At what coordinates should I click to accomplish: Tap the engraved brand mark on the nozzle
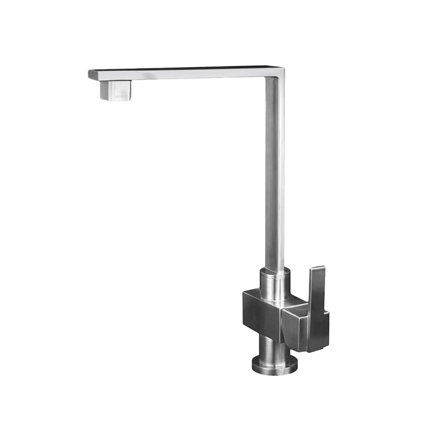pyautogui.click(x=122, y=96)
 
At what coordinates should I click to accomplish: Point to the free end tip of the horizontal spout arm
pyautogui.click(x=90, y=74)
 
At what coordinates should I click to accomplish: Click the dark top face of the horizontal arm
pyautogui.click(x=180, y=69)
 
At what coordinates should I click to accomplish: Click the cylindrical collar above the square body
pyautogui.click(x=274, y=282)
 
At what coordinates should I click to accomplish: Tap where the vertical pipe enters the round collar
pyautogui.click(x=275, y=270)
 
